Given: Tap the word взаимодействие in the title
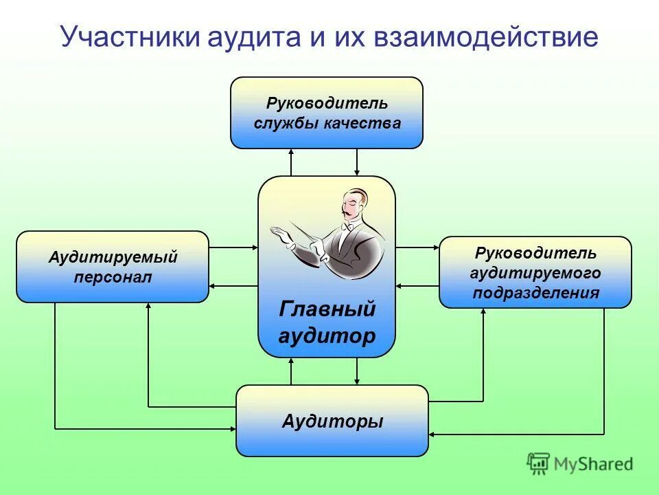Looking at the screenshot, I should tap(485, 36).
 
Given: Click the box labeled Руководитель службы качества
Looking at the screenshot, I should tap(327, 113).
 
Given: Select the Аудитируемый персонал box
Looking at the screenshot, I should tap(113, 267).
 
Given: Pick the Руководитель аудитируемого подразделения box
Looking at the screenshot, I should tap(535, 272).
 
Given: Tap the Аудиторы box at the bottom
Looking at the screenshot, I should tap(332, 421).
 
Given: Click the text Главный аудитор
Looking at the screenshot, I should tap(327, 322).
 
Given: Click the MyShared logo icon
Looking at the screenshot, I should tap(538, 463).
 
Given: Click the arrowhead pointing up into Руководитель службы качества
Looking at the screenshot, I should tap(291, 153).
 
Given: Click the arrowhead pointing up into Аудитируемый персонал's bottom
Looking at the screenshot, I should tap(148, 307).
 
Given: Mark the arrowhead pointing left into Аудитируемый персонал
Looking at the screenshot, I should tap(213, 286).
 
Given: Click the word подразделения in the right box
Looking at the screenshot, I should tap(535, 294).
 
